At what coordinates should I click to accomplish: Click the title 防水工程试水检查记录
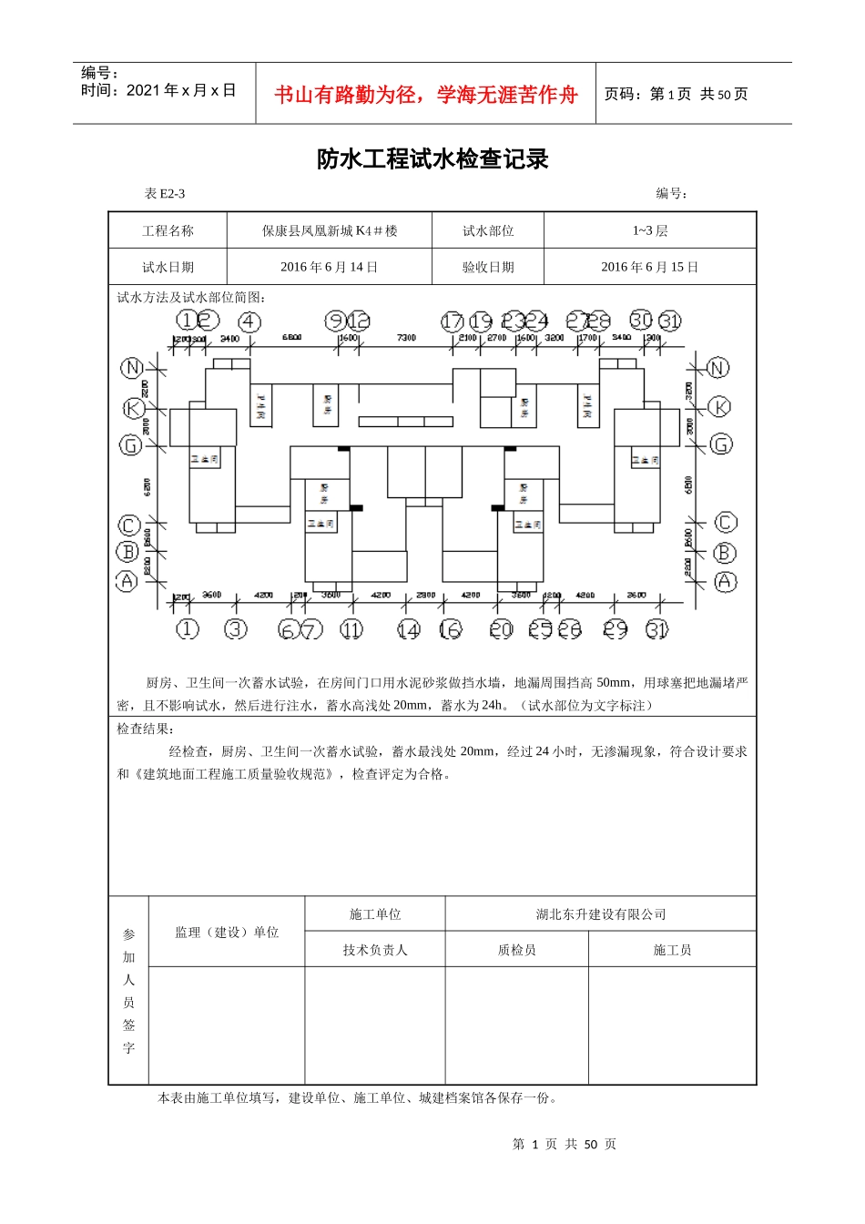432,159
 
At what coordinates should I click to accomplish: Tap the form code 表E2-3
165,194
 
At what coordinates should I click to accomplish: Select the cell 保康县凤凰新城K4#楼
330,231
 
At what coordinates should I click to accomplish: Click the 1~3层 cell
650,231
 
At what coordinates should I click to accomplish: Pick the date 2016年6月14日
330,268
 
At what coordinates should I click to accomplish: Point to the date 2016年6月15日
650,268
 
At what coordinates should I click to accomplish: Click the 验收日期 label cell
488,268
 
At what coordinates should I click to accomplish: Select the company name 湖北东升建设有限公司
601,914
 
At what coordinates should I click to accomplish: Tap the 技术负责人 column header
375,950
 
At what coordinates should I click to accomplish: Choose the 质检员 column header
516,950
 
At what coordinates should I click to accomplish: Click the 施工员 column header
672,950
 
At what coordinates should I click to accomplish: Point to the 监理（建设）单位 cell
227,932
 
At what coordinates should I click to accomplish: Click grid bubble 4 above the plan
249,321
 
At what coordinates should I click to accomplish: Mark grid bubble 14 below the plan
409,629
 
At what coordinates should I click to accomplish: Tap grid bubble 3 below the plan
236,629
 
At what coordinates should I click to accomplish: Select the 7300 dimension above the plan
406,338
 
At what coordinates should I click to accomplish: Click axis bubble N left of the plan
132,367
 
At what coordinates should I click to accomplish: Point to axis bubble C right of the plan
726,522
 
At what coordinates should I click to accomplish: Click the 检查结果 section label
146,729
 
